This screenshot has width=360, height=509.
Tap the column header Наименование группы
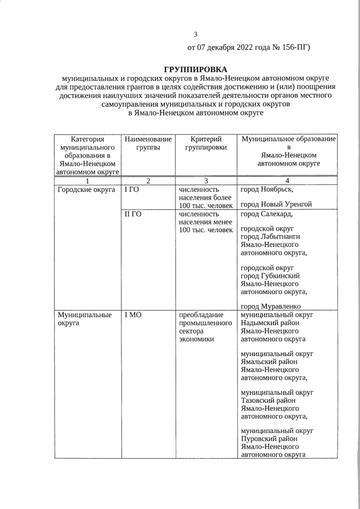[147, 143]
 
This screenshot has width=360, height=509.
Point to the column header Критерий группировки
[205, 143]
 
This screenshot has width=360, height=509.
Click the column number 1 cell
[87, 181]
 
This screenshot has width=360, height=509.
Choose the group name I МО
[133, 315]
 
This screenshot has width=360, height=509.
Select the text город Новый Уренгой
[276, 204]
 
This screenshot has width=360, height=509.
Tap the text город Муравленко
[273, 305]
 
